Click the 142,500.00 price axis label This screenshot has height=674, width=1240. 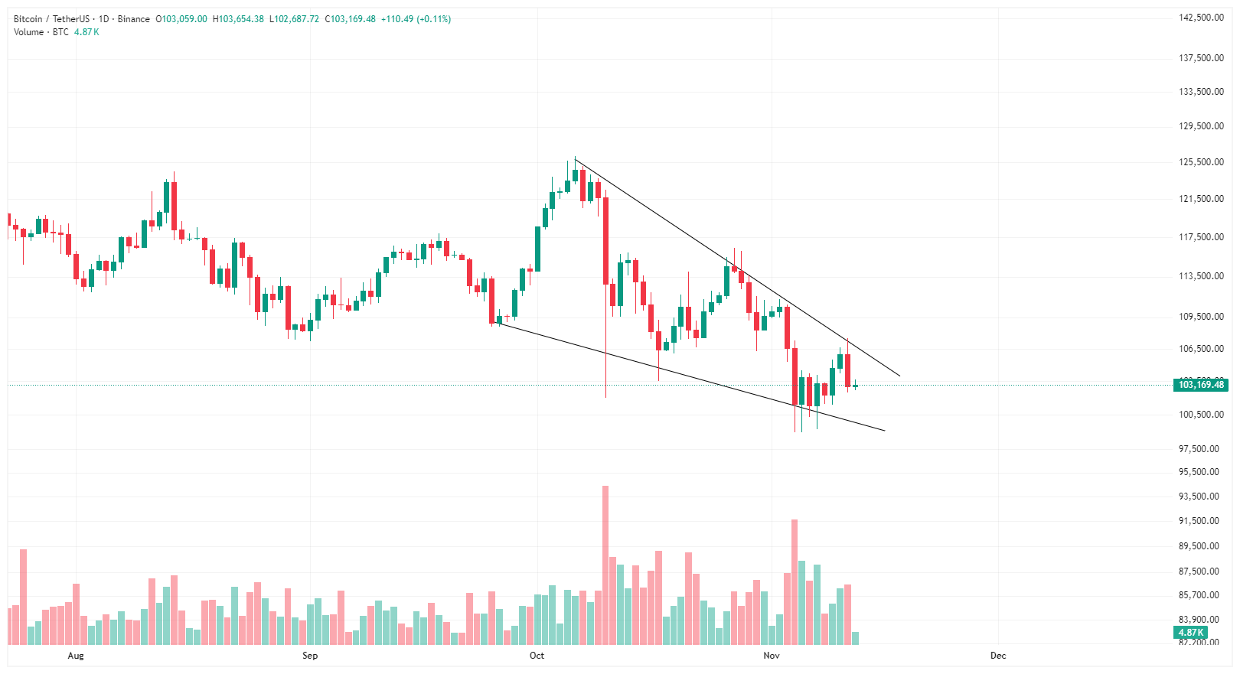click(1201, 18)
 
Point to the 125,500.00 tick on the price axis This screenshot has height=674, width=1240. click(1201, 162)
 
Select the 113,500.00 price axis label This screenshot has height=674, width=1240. click(1201, 276)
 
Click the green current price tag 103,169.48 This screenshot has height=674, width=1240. click(1200, 385)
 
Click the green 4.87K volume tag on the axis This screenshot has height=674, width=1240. click(1190, 633)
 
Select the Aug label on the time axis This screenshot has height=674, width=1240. click(75, 656)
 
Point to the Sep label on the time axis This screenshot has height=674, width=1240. click(309, 656)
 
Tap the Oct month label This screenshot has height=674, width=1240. click(537, 656)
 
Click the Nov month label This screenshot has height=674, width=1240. click(771, 656)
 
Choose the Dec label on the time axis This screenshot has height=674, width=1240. click(997, 656)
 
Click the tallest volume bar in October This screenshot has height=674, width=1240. click(605, 566)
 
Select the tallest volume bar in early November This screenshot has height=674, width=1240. click(795, 581)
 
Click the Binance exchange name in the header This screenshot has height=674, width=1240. click(134, 19)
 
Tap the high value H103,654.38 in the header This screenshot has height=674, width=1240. click(238, 19)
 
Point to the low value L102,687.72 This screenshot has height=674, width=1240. click(294, 19)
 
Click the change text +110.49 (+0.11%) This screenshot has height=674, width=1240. click(416, 19)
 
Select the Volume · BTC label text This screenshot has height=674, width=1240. click(41, 32)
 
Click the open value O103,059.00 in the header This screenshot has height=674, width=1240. click(181, 19)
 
